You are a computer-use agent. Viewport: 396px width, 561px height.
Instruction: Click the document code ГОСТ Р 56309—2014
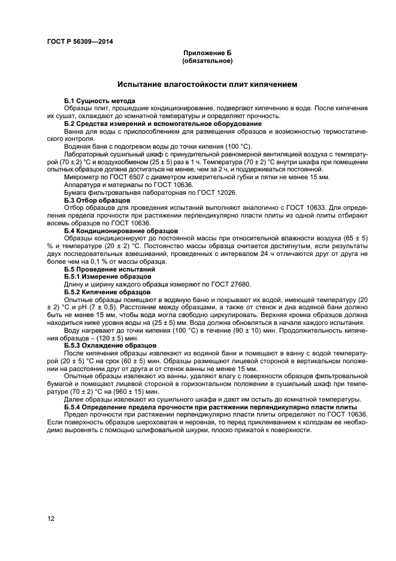tap(80, 41)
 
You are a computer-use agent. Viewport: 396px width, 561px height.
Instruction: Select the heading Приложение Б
tap(207, 54)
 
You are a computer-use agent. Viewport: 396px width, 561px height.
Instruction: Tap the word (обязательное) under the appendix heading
tap(207, 61)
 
